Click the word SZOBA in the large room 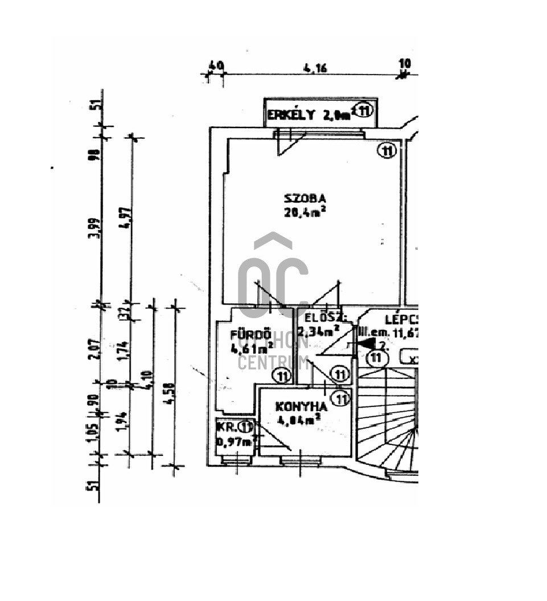click(305, 199)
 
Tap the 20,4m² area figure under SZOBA click(305, 212)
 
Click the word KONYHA click(301, 407)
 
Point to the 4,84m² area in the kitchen click(298, 421)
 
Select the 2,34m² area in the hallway click(321, 331)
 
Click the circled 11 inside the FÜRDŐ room click(281, 376)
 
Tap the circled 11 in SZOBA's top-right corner click(387, 151)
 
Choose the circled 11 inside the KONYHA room click(340, 399)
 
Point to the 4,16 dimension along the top click(315, 69)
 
